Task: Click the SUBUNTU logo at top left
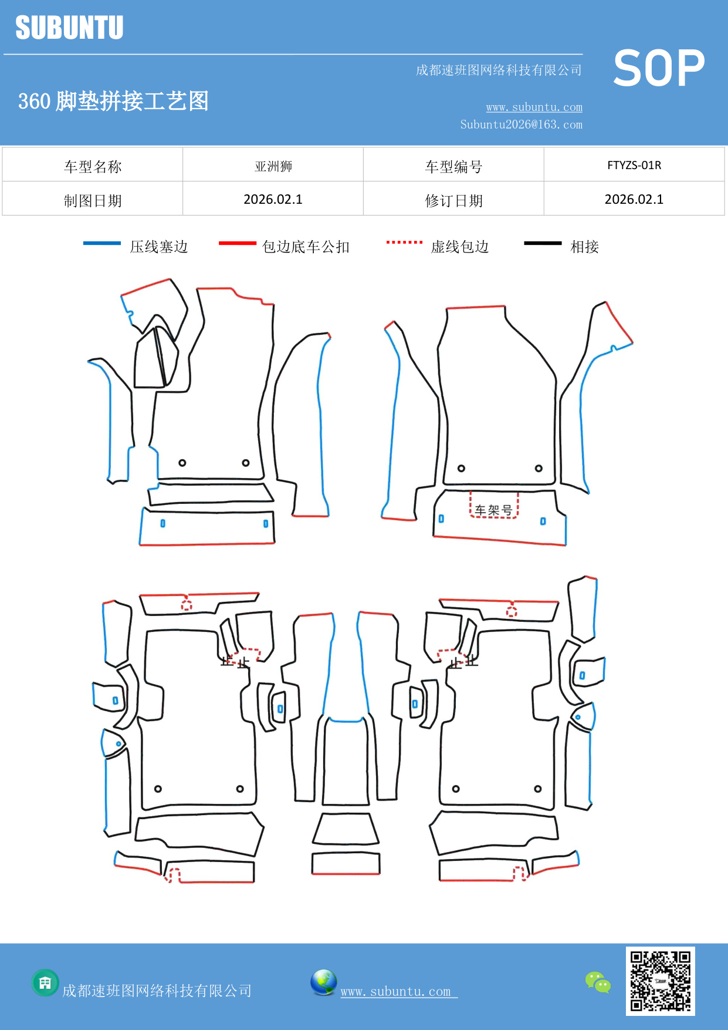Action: pos(69,28)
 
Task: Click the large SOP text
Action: pos(658,69)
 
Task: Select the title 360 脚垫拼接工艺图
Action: pos(113,101)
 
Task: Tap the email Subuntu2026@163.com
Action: pos(521,124)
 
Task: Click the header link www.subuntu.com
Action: pos(534,107)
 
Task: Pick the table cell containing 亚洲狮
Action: pos(273,166)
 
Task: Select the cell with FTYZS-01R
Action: pos(634,165)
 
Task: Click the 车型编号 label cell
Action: pos(453,167)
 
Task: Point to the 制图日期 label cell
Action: pos(93,201)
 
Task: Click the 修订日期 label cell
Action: pos(453,201)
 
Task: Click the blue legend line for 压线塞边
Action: pos(101,243)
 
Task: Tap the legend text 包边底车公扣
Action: pos(306,247)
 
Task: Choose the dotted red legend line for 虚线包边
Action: pos(404,242)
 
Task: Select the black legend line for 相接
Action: pos(543,243)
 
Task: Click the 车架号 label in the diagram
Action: pos(493,510)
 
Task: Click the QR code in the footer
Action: pos(660,981)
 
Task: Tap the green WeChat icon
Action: pos(598,982)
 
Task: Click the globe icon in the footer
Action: pos(323,982)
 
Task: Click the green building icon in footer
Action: pos(45,982)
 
